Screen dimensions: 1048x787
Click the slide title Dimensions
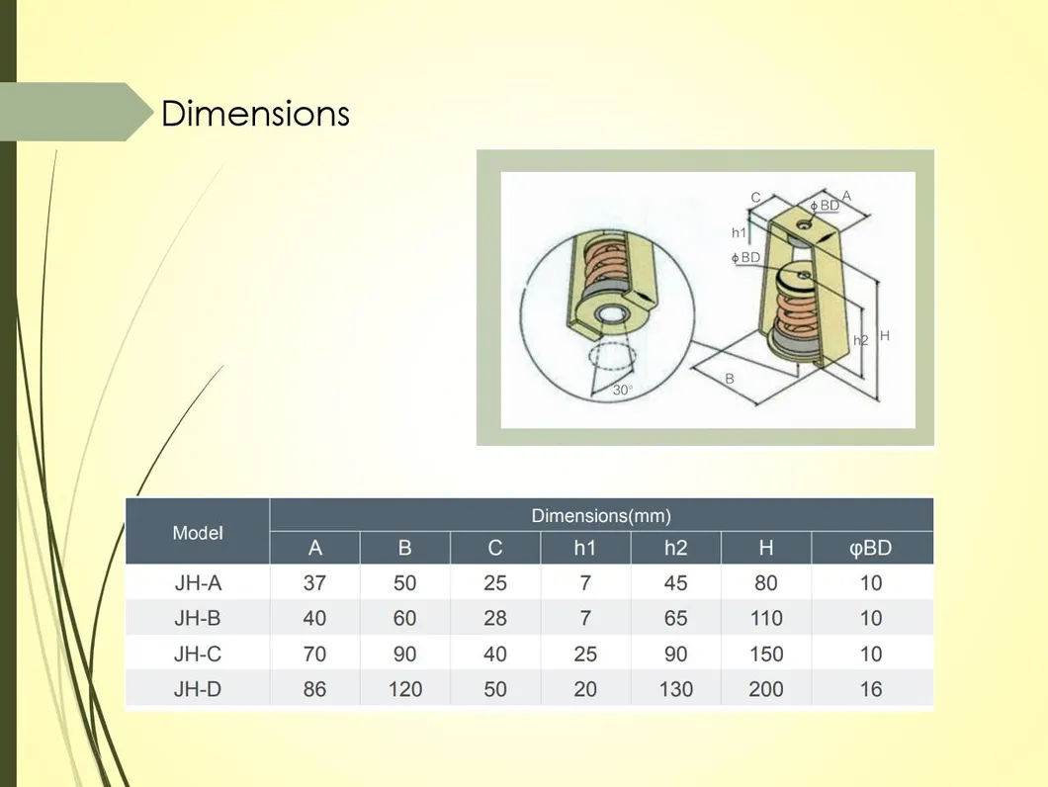coord(255,113)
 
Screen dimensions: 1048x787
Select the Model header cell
coord(198,533)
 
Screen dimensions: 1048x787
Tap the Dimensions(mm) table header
coord(601,515)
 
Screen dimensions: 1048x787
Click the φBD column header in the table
coord(871,549)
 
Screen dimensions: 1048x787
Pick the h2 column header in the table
coord(675,549)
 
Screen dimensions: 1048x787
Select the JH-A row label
coord(198,583)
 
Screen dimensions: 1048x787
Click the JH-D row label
coord(198,689)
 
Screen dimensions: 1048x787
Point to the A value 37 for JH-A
coord(314,583)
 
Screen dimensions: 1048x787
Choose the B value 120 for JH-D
coord(405,689)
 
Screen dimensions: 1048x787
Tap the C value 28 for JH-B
coord(495,618)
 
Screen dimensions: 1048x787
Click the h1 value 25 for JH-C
coord(585,654)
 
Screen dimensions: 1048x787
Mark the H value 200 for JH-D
coord(766,689)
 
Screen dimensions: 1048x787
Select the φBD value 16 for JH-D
coord(871,689)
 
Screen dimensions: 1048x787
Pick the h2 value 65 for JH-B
coord(675,618)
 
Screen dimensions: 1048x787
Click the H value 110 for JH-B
coord(766,618)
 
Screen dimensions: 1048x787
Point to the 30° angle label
coord(623,390)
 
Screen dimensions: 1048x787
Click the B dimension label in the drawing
coord(730,379)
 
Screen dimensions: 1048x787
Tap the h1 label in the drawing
coord(739,232)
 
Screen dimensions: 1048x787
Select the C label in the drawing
coord(756,198)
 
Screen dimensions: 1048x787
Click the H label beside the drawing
coord(885,336)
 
